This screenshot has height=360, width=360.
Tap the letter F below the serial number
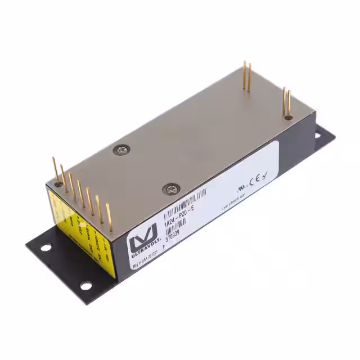pyautogui.click(x=164, y=246)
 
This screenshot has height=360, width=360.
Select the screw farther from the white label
pyautogui.click(x=121, y=149)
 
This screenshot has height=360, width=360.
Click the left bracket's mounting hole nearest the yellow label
pyautogui.click(x=44, y=246)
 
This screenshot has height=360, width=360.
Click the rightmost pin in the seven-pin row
pyautogui.click(x=109, y=217)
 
